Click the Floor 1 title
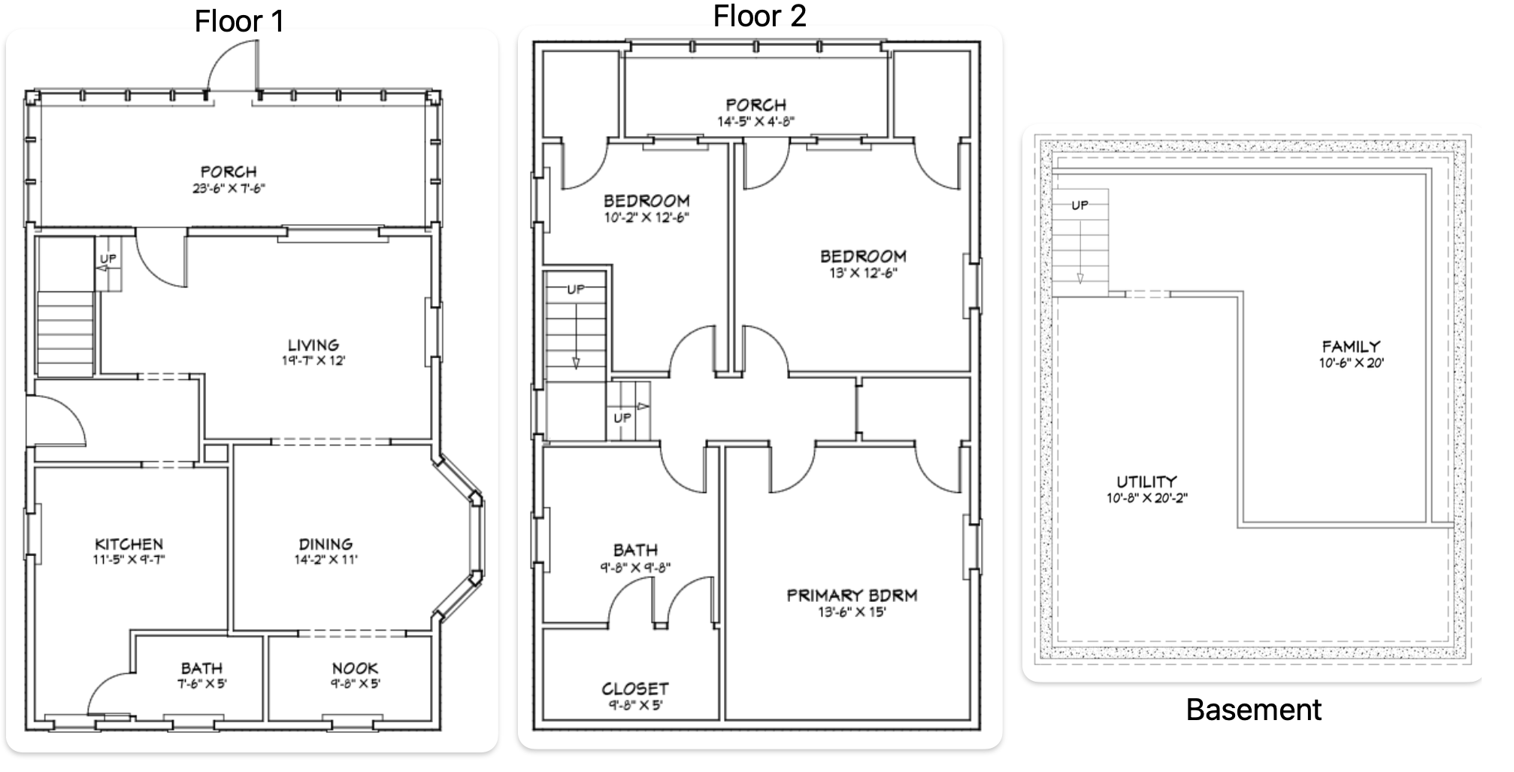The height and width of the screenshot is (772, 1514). click(x=240, y=21)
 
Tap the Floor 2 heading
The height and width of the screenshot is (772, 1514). click(x=759, y=16)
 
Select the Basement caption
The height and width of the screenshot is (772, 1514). click(x=1253, y=710)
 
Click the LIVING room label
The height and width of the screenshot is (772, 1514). click(x=313, y=345)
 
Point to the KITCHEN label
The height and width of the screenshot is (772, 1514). click(x=129, y=544)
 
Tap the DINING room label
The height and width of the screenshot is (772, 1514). click(x=326, y=544)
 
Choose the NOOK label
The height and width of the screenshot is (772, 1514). click(x=355, y=668)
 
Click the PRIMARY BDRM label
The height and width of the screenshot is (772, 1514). click(x=852, y=596)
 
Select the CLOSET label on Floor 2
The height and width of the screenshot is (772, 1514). click(x=634, y=688)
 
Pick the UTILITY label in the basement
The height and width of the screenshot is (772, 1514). click(x=1146, y=482)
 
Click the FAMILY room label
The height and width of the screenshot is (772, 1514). click(x=1351, y=347)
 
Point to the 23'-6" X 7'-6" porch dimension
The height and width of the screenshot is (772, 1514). click(x=229, y=188)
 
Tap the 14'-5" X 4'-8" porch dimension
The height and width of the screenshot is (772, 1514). click(x=755, y=121)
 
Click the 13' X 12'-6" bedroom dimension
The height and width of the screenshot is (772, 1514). click(x=863, y=272)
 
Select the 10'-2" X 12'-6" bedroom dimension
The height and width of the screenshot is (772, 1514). click(x=646, y=217)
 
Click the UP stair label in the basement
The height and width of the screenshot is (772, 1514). click(x=1079, y=205)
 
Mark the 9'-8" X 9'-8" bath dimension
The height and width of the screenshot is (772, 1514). click(x=635, y=567)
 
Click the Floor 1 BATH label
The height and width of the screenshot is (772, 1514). click(x=201, y=668)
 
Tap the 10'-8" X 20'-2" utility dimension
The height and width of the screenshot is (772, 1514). click(x=1146, y=498)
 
